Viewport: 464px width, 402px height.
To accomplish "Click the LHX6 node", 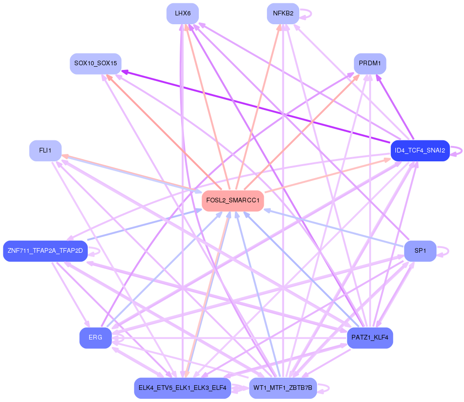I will point(183,14).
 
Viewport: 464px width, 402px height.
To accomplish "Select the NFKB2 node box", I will point(283,14).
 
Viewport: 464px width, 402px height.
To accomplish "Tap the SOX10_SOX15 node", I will point(96,63).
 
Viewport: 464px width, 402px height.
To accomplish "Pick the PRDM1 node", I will point(370,63).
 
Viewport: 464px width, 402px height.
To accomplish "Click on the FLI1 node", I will point(46,151).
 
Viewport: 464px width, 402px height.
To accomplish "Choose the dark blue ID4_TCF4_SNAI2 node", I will point(420,151).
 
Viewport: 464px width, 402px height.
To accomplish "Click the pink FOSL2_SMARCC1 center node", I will point(233,201).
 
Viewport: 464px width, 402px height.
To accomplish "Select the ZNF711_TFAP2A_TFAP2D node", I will point(45,251).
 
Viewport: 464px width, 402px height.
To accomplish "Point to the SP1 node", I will point(420,251).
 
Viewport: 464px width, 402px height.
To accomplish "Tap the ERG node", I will point(95,338).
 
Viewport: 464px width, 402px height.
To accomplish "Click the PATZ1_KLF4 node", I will point(370,338).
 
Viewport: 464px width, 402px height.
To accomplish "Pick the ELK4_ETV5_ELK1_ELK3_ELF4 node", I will point(182,388).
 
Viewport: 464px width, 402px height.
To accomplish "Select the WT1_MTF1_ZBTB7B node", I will point(283,388).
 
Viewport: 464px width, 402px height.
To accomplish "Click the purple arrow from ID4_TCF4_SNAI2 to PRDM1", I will point(395,108).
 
